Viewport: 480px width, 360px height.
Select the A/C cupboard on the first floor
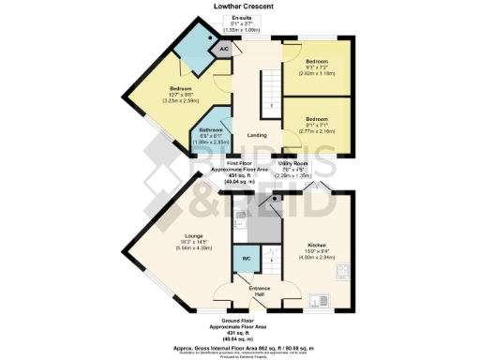click(x=224, y=48)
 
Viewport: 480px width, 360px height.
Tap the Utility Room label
click(x=294, y=163)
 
